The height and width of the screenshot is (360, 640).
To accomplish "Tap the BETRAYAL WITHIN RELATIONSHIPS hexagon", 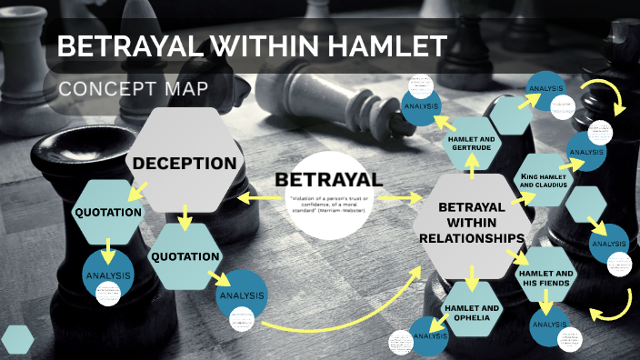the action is [x=470, y=224].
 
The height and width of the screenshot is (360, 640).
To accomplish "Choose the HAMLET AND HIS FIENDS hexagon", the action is [x=545, y=277].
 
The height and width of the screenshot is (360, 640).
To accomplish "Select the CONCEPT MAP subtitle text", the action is [x=133, y=89].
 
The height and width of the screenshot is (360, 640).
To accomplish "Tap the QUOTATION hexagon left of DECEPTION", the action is [x=108, y=213].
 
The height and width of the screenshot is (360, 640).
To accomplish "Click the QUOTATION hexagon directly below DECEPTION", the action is [x=185, y=255].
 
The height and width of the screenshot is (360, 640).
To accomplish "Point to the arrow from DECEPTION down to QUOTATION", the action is [x=185, y=216].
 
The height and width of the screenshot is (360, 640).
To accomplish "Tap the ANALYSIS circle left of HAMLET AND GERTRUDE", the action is [x=423, y=106].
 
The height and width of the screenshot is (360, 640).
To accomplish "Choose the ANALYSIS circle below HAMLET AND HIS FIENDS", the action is [x=549, y=325].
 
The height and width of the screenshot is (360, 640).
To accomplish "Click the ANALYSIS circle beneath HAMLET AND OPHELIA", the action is [x=425, y=335].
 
